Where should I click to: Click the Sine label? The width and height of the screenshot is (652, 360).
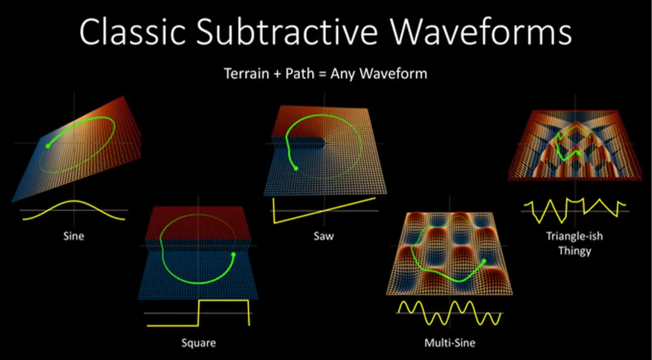tap(74, 236)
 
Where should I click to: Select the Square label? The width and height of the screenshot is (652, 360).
tap(199, 343)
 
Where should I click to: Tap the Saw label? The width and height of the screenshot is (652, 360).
tap(323, 236)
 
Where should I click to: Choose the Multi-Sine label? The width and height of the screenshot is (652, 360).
tap(449, 343)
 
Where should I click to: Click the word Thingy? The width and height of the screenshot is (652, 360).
tap(574, 250)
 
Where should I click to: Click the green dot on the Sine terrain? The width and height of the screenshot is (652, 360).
tap(48, 146)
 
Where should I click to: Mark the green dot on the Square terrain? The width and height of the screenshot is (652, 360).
tap(233, 255)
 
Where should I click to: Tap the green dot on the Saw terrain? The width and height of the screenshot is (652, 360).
tap(295, 168)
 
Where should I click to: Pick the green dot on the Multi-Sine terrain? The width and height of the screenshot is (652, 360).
tap(483, 261)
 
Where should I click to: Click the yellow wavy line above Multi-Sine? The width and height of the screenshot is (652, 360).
tap(448, 310)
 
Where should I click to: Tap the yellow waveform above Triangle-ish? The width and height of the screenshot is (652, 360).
tap(574, 208)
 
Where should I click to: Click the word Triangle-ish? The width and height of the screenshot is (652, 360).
tap(574, 236)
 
